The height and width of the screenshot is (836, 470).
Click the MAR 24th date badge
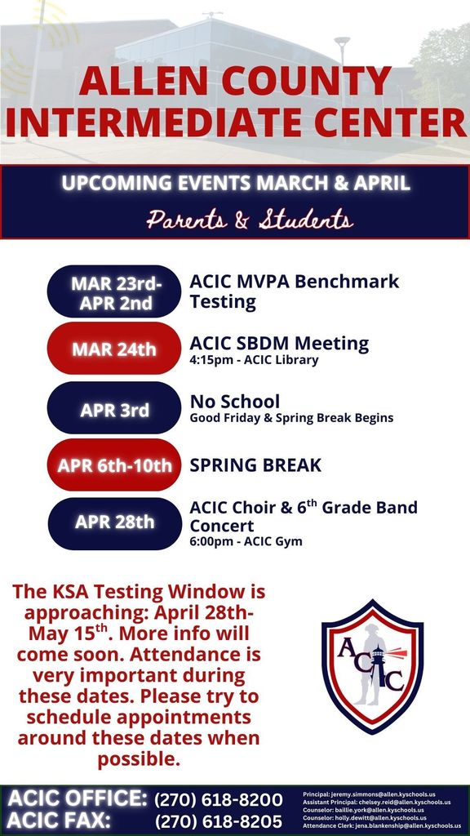113,349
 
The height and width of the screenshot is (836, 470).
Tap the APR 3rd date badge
113,409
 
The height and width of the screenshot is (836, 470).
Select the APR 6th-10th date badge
113,465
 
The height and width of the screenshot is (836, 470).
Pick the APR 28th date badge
113,522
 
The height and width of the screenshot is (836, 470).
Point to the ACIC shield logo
372,667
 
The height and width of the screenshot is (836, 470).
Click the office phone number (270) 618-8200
218,799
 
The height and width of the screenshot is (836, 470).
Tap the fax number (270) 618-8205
218,820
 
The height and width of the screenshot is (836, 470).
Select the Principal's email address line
369,794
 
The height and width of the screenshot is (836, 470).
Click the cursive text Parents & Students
250,220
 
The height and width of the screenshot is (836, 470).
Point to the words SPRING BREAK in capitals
255,465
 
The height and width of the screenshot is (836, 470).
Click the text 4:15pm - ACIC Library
254,360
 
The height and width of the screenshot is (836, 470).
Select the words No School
234,402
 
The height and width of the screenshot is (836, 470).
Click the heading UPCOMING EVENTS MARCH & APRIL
236,183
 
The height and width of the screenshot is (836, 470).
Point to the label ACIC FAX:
59,820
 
